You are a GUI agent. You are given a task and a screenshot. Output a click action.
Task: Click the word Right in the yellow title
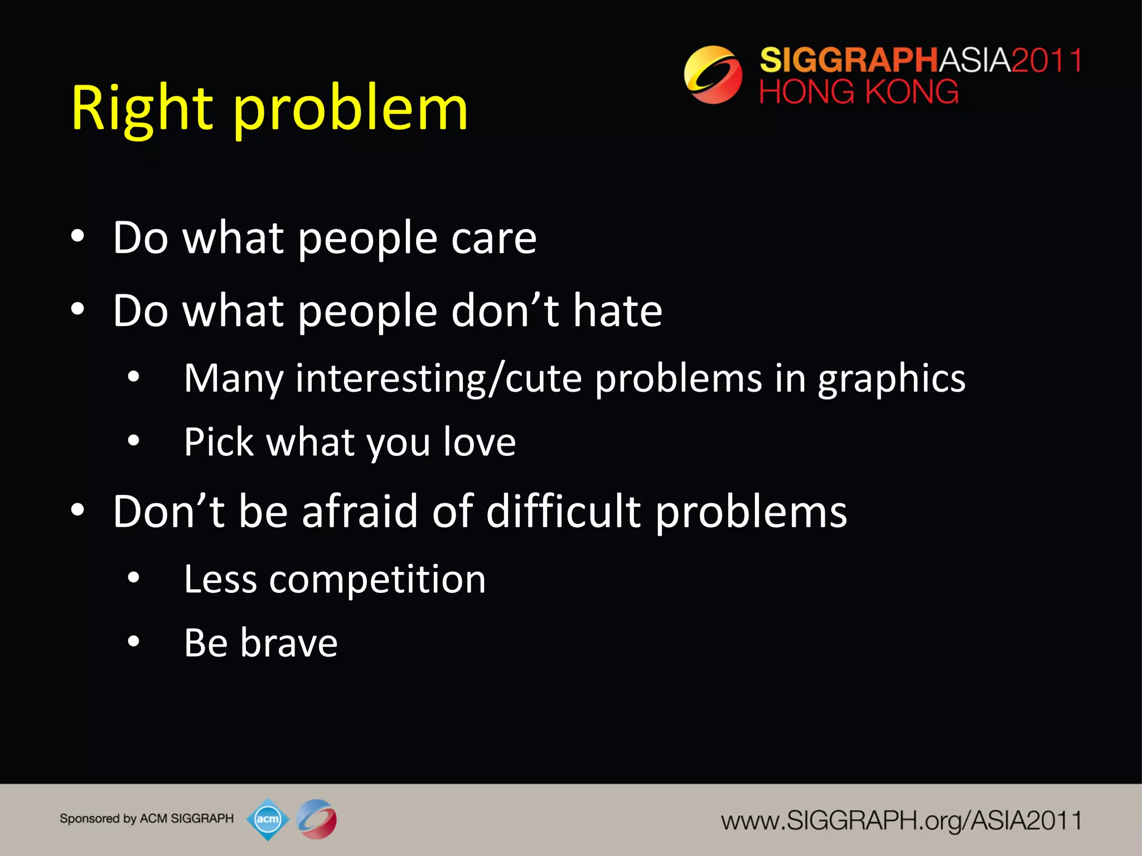click(142, 109)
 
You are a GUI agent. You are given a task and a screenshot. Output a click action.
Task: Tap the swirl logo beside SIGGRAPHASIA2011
click(713, 75)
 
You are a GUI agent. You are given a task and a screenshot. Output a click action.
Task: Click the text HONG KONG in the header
click(859, 92)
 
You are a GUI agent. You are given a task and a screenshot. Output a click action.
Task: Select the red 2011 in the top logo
click(1046, 60)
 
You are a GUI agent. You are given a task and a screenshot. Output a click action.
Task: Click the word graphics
click(891, 379)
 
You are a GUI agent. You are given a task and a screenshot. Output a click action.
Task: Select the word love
click(480, 442)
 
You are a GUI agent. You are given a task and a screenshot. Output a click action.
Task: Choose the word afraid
click(359, 512)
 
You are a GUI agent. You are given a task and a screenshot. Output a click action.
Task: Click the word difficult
click(563, 512)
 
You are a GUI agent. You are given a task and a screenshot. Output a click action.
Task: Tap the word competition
click(377, 580)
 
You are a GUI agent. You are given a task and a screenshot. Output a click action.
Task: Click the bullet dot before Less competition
click(133, 578)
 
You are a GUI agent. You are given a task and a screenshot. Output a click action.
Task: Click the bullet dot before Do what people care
click(78, 236)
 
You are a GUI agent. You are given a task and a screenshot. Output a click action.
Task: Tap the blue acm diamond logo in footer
click(268, 819)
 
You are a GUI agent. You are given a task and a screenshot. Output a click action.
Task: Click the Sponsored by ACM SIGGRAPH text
click(147, 819)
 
